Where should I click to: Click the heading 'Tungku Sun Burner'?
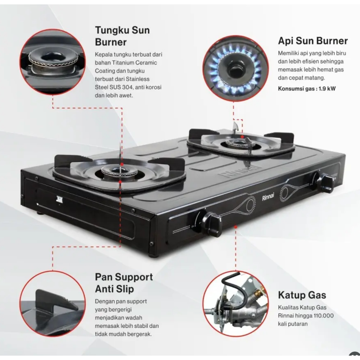click(x=122, y=36)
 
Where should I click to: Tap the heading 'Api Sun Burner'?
click(x=313, y=41)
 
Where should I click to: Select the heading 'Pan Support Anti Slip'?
click(x=124, y=283)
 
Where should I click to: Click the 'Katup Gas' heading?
click(x=302, y=295)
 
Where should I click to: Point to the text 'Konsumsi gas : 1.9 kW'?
click(x=307, y=88)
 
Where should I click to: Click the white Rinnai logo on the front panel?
click(x=268, y=198)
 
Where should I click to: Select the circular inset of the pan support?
click(x=52, y=303)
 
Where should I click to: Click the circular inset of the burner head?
click(x=52, y=62)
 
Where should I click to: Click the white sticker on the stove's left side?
click(x=59, y=200)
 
